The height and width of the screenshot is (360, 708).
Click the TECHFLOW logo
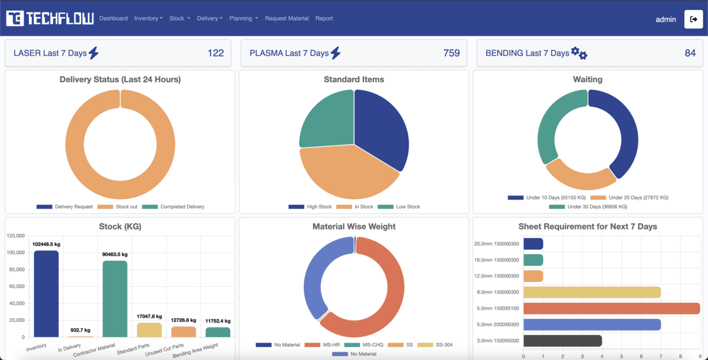point(50,18)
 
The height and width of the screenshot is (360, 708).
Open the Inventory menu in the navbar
point(148,18)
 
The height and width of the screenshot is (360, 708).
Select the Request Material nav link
point(287,18)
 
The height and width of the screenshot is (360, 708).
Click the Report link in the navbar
point(324,18)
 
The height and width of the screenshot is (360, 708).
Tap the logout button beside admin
point(693,19)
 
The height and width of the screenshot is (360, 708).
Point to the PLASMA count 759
point(451,53)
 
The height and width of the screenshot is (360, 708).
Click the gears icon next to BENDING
point(579,53)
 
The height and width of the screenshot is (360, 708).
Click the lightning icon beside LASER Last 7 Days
point(93,53)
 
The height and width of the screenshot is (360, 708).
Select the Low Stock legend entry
point(403,207)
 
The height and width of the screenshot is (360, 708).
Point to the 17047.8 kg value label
point(149,316)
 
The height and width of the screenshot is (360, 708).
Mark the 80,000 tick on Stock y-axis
point(15,270)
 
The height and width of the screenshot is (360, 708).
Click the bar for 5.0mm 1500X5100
point(611,309)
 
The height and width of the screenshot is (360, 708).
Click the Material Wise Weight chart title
point(354,227)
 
